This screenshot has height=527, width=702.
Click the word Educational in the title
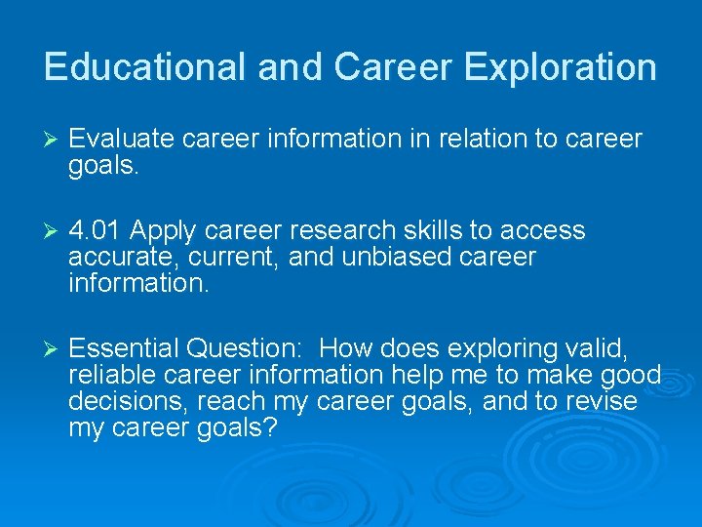pos(145,67)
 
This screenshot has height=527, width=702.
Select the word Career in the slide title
pos(393,67)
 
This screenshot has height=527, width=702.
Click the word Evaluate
pos(122,140)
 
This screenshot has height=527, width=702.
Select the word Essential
pos(124,348)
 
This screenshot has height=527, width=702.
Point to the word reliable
pos(105,375)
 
